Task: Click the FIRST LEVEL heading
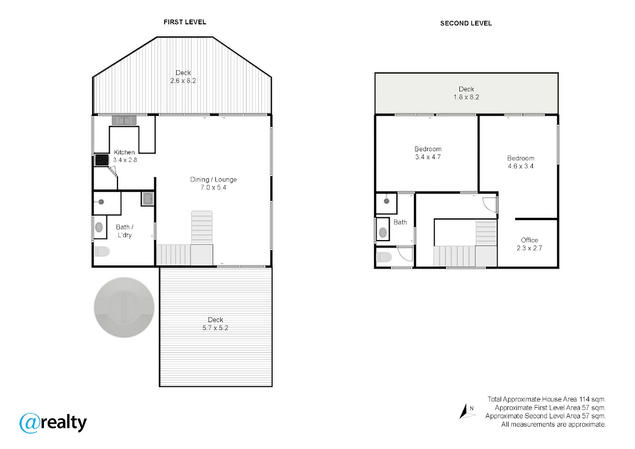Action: tap(185, 22)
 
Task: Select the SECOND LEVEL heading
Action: tap(466, 23)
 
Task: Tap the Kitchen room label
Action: tap(124, 152)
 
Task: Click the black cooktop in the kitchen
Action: tap(102, 160)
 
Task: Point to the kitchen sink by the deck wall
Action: tap(124, 121)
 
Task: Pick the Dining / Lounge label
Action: tap(213, 179)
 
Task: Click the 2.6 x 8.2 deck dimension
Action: tap(183, 81)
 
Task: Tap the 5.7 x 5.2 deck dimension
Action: tap(215, 328)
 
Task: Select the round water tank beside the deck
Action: tap(124, 307)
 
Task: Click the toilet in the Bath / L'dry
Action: tap(102, 251)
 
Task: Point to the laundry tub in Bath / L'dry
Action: tap(148, 198)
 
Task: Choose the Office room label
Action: tap(529, 240)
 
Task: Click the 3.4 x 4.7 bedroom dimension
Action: tap(428, 157)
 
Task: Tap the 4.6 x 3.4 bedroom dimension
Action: tap(521, 166)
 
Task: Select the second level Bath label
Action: tap(400, 222)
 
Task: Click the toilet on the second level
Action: tap(384, 257)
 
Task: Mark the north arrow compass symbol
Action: tap(466, 411)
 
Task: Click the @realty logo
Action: tap(53, 423)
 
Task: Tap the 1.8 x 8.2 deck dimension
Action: tap(466, 97)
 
